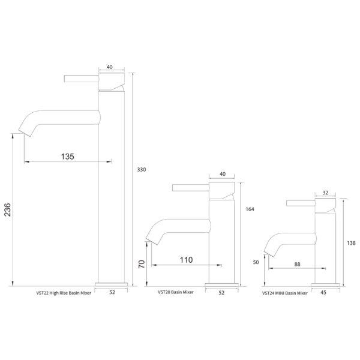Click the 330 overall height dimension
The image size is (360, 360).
tap(142, 170)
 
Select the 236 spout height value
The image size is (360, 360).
tap(7, 209)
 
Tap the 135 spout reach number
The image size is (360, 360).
tap(67, 156)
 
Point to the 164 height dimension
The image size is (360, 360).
tap(250, 209)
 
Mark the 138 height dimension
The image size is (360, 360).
tap(352, 243)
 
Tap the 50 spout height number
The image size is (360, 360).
tap(257, 263)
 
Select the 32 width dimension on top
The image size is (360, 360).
tap(325, 193)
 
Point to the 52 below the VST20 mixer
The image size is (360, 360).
tap(222, 293)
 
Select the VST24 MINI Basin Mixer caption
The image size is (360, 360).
tap(285, 293)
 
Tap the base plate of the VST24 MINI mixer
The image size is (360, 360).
tap(326, 284)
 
